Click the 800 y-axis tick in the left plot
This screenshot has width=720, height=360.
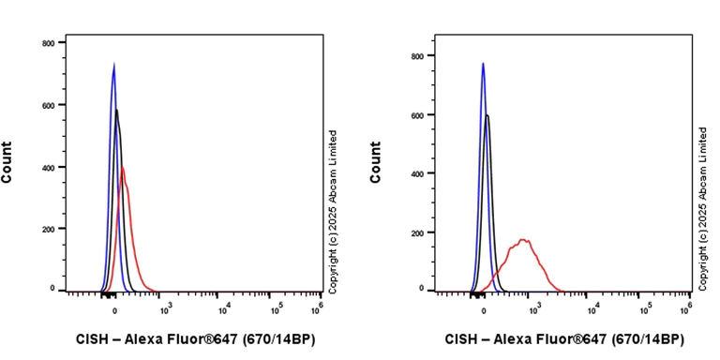pos(47,43)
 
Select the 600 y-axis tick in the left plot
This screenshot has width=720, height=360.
pos(47,105)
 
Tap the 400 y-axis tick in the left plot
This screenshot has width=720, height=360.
pos(47,167)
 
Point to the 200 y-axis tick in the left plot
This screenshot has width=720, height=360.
pos(47,229)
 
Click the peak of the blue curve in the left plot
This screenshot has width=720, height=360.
pos(113,65)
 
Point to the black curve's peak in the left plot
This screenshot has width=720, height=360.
pos(116,111)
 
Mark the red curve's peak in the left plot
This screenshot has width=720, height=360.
pos(122,168)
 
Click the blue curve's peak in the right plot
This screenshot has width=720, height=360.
pos(483,64)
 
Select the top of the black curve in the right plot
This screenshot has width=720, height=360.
pos(487,116)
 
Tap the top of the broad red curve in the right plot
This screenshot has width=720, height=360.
pos(524,240)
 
